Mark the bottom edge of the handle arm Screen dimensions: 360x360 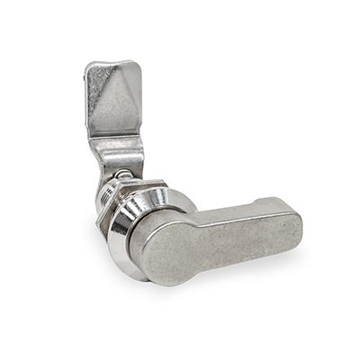(x=243, y=257)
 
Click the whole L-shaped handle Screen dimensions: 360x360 (x=216, y=241)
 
